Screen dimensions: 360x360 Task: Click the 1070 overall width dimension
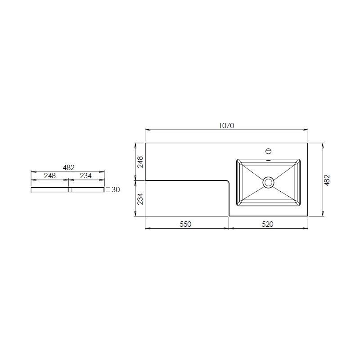[226, 126]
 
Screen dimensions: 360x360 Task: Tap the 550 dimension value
[185, 224]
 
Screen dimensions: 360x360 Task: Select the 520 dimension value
[267, 224]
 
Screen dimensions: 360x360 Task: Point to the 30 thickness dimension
[116, 189]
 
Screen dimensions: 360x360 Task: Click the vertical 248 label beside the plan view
[140, 162]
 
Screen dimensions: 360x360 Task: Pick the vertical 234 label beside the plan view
[140, 199]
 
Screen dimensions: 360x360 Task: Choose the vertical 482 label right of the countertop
[327, 180]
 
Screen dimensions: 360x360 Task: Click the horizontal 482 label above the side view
[69, 167]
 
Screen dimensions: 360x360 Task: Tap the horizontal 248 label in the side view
[50, 175]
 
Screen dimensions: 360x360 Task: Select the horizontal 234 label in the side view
[85, 175]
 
